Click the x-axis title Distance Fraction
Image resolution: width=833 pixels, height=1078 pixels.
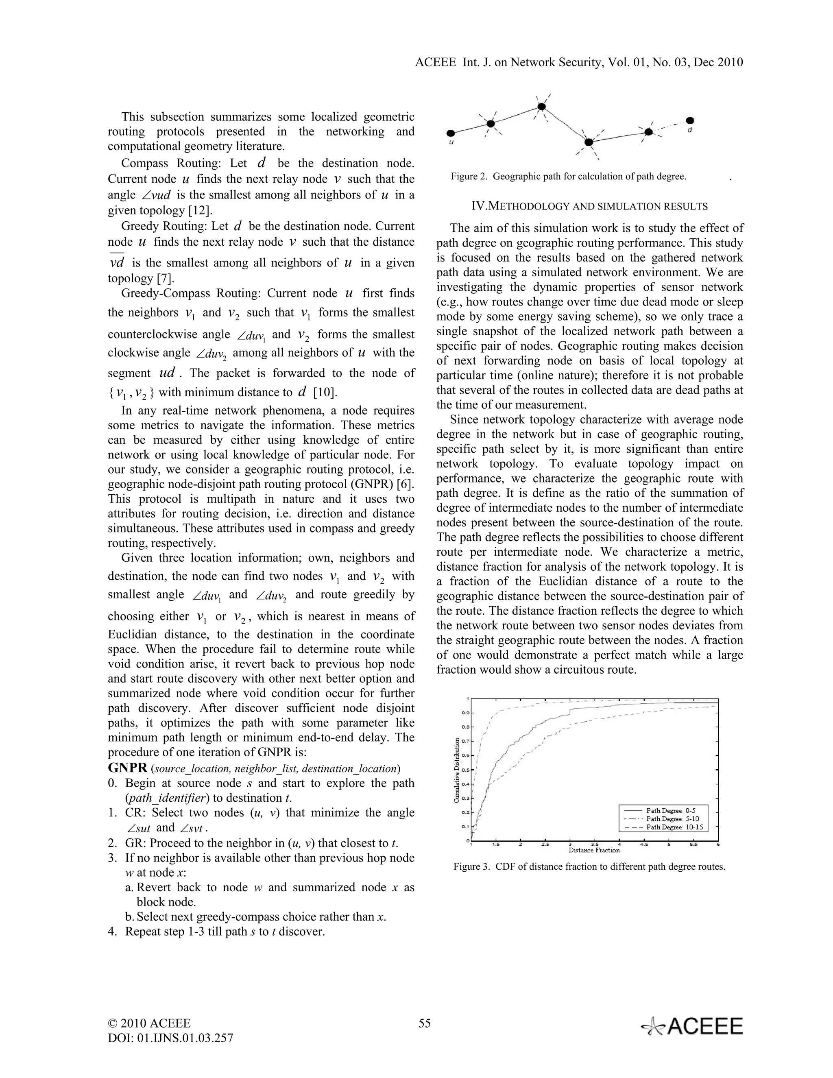coord(594,850)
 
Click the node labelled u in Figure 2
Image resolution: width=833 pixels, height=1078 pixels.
coord(451,133)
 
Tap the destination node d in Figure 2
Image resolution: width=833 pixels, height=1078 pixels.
coord(690,120)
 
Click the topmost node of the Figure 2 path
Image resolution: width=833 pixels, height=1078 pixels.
coord(541,106)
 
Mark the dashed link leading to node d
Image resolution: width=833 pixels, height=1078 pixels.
coord(669,127)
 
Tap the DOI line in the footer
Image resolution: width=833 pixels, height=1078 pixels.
coord(170,1038)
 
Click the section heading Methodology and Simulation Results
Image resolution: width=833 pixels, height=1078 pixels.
coord(589,206)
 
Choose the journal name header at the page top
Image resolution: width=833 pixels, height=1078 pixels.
coord(579,62)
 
